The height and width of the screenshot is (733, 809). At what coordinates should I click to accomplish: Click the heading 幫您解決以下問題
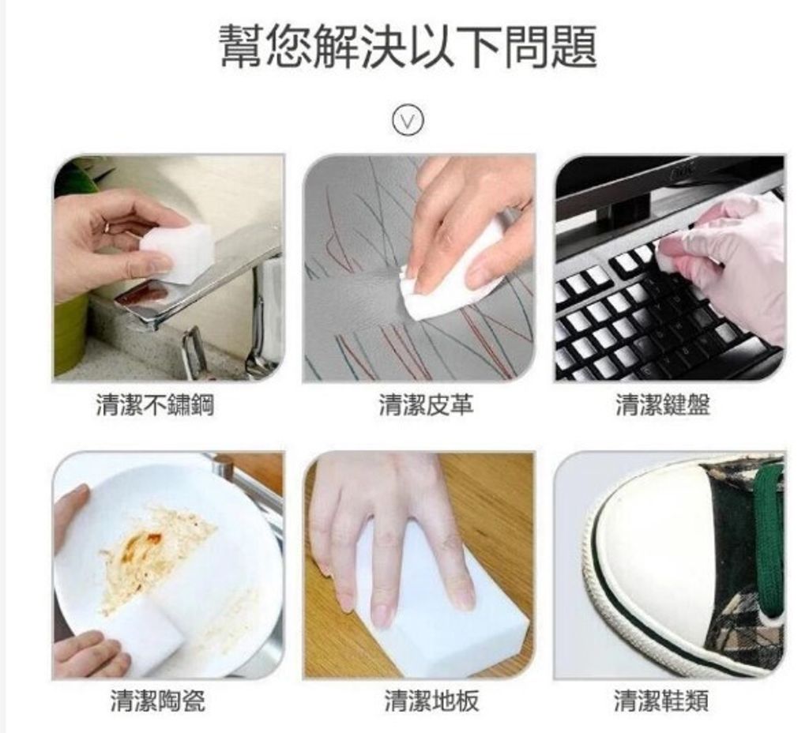(408, 47)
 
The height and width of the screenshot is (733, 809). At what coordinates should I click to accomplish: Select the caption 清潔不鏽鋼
(155, 405)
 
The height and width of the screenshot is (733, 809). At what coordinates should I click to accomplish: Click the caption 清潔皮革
(426, 405)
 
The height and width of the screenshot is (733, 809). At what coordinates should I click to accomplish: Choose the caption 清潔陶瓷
(158, 700)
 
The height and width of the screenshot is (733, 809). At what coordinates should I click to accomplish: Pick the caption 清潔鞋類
(662, 700)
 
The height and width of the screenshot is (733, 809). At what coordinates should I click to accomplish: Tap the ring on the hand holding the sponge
(107, 227)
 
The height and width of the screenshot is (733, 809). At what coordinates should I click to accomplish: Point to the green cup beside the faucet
(70, 332)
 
